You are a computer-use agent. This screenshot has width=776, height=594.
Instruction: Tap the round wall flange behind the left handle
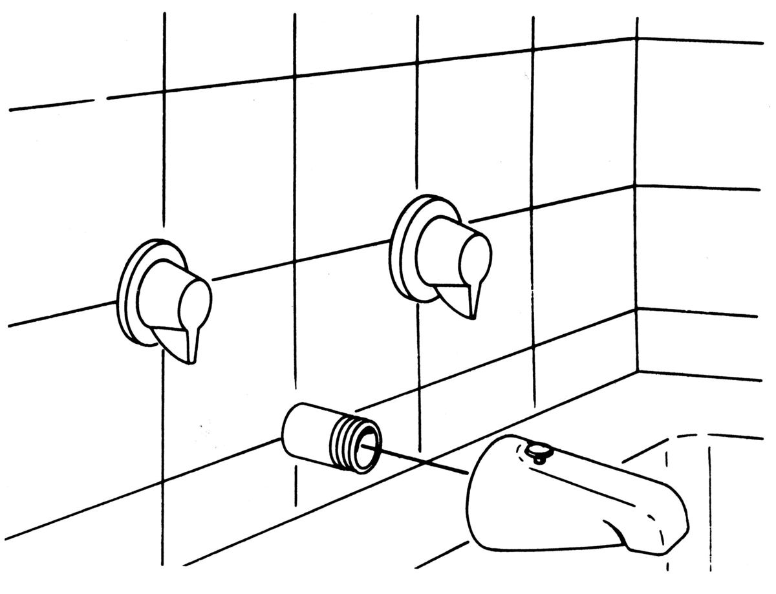coord(129,291)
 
